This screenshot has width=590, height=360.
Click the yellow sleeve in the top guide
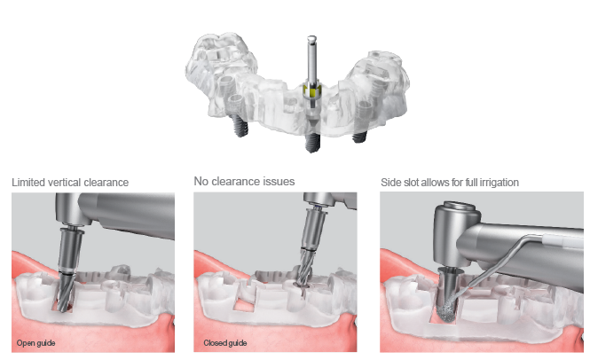tap(311, 91)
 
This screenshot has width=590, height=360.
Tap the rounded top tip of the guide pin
tap(311, 38)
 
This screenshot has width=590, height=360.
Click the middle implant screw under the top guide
tap(310, 142)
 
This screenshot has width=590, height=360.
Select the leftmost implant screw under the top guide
tap(238, 128)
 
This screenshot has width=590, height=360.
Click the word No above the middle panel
tap(201, 181)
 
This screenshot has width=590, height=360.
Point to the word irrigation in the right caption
tap(498, 182)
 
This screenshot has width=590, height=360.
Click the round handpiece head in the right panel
tap(453, 232)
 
